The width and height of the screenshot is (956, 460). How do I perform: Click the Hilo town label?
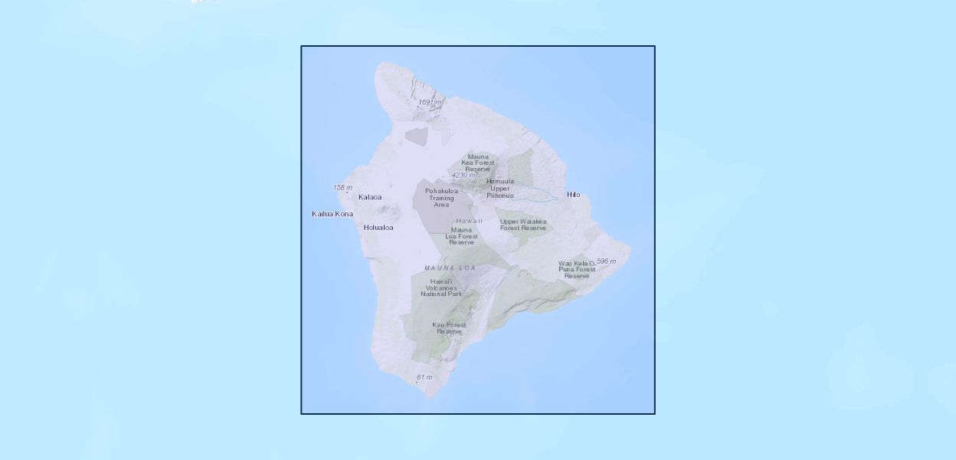[x=573, y=195]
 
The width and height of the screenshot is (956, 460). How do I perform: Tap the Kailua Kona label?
[x=332, y=214]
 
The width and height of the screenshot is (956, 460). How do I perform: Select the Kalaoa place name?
[x=369, y=198]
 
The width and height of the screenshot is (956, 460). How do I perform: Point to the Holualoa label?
[x=378, y=228]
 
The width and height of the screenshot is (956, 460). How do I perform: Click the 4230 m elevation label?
[x=463, y=176]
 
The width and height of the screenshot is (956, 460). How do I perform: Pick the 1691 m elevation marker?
[x=430, y=102]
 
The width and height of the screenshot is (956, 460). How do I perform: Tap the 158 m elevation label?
[x=342, y=188]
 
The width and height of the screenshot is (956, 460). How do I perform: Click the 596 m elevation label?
[x=606, y=261]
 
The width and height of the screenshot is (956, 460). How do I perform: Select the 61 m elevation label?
[x=424, y=377]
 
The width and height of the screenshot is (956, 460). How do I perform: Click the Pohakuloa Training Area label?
[x=441, y=198]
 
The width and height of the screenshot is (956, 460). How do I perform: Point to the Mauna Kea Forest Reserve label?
[x=478, y=163]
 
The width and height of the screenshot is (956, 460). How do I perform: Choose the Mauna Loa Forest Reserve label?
[x=462, y=236]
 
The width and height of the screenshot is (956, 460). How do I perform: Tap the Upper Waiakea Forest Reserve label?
[x=523, y=225]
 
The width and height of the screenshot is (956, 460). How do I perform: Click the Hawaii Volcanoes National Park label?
[x=441, y=287]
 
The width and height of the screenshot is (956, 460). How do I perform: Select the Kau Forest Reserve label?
[x=449, y=328]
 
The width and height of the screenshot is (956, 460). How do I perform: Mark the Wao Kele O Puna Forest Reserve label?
[x=577, y=269]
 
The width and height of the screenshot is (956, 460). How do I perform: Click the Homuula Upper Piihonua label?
[x=499, y=188]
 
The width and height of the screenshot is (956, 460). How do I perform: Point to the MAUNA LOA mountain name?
[x=450, y=268]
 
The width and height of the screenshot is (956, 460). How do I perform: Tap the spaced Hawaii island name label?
[x=469, y=221]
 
